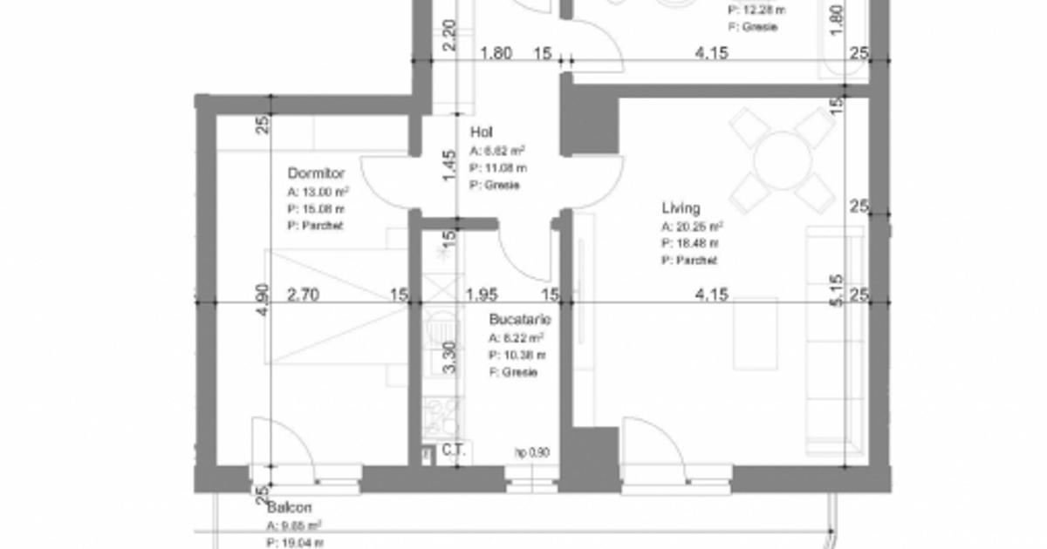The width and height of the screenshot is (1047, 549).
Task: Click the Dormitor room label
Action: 316,173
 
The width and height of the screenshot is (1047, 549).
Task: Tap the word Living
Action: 681,208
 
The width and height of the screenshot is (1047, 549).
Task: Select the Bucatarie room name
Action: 520,320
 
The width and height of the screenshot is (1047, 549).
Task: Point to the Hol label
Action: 481,132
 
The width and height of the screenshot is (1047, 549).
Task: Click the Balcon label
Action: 290,507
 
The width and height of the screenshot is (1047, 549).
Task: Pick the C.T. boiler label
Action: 454,451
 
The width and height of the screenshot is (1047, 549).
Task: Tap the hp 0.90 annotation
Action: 531,452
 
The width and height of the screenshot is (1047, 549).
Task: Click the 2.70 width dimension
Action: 303,295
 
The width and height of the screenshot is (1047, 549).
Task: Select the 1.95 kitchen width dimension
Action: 481,295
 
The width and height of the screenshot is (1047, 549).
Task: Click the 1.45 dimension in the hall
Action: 449,166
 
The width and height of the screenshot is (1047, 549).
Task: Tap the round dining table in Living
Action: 784,160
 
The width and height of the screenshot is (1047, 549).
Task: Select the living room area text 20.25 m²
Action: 691,227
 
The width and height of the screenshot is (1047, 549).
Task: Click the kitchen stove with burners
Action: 441,417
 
